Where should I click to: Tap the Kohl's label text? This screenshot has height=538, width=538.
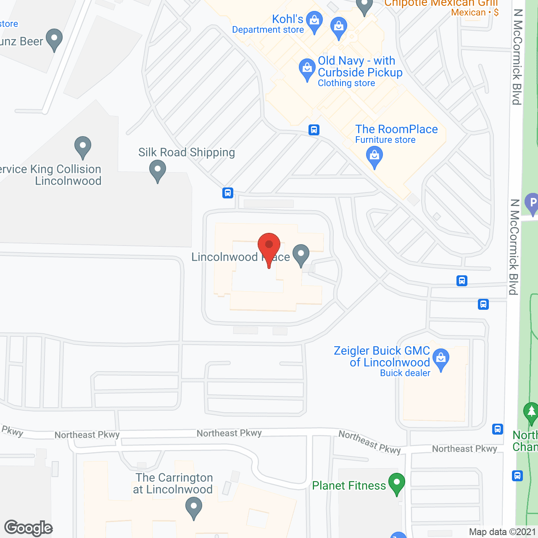point(287,19)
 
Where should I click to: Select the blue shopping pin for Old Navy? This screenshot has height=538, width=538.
point(307,69)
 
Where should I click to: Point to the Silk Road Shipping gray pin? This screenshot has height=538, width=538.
point(158,171)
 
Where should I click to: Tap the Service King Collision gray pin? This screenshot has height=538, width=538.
point(83,147)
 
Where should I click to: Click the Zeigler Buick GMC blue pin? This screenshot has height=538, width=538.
point(441,359)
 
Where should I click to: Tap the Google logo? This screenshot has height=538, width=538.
point(29,528)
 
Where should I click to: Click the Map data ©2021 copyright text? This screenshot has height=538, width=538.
point(502,532)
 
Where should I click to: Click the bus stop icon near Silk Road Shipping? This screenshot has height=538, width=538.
point(228,193)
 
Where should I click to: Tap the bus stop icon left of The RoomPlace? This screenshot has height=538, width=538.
point(314,130)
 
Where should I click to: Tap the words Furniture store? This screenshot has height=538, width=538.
point(385,140)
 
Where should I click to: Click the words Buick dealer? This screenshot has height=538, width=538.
point(405,373)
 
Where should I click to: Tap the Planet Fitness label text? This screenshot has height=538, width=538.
point(349,486)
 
